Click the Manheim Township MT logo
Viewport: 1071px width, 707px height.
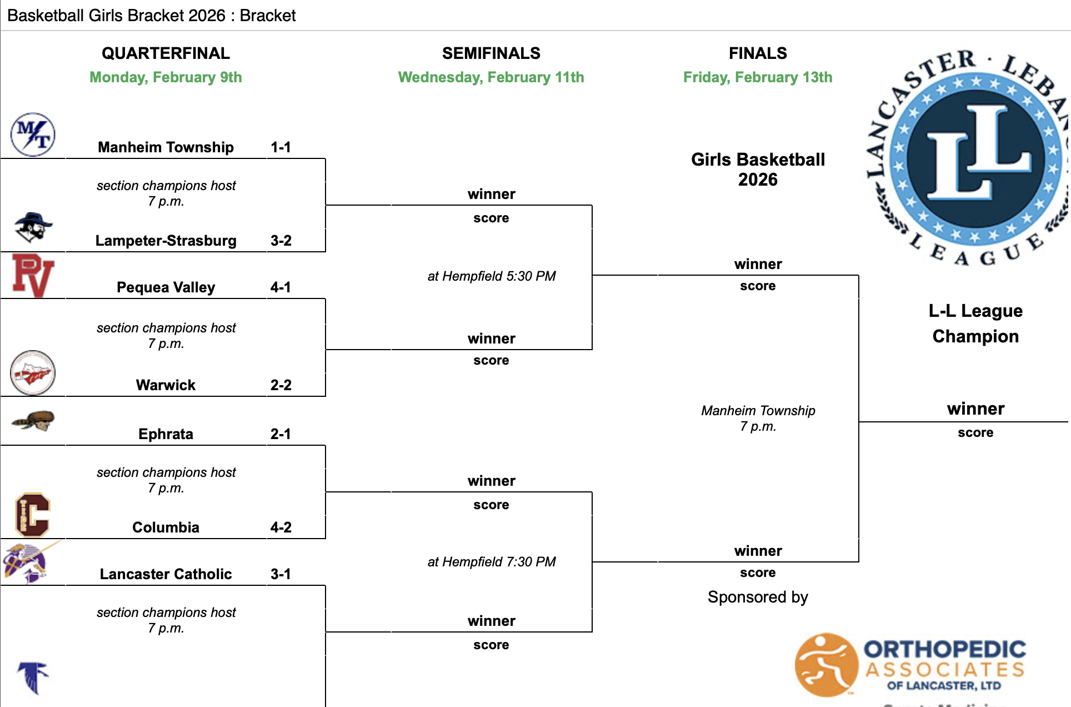click(33, 135)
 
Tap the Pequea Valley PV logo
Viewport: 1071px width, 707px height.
click(33, 276)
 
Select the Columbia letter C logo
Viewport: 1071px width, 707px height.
click(33, 515)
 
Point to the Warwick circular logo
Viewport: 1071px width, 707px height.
click(33, 372)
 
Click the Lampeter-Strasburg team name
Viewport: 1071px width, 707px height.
click(166, 241)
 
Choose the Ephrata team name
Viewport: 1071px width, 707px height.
click(166, 434)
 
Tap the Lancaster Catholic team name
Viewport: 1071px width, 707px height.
click(166, 574)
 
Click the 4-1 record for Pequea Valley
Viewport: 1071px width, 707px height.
click(281, 287)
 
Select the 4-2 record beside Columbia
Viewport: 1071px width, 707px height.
click(281, 527)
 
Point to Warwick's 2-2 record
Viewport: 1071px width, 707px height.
click(281, 385)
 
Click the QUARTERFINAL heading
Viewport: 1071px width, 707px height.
click(166, 53)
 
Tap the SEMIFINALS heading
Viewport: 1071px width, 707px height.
click(491, 53)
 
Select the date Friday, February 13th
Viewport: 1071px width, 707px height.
click(758, 77)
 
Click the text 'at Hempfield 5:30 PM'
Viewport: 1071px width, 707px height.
click(491, 276)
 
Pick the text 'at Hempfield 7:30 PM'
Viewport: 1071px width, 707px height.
click(491, 562)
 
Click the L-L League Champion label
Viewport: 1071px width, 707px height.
click(975, 323)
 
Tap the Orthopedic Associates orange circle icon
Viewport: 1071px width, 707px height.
click(826, 665)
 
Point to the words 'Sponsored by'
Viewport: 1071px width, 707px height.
click(758, 597)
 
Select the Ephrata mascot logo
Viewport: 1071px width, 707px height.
click(33, 421)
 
